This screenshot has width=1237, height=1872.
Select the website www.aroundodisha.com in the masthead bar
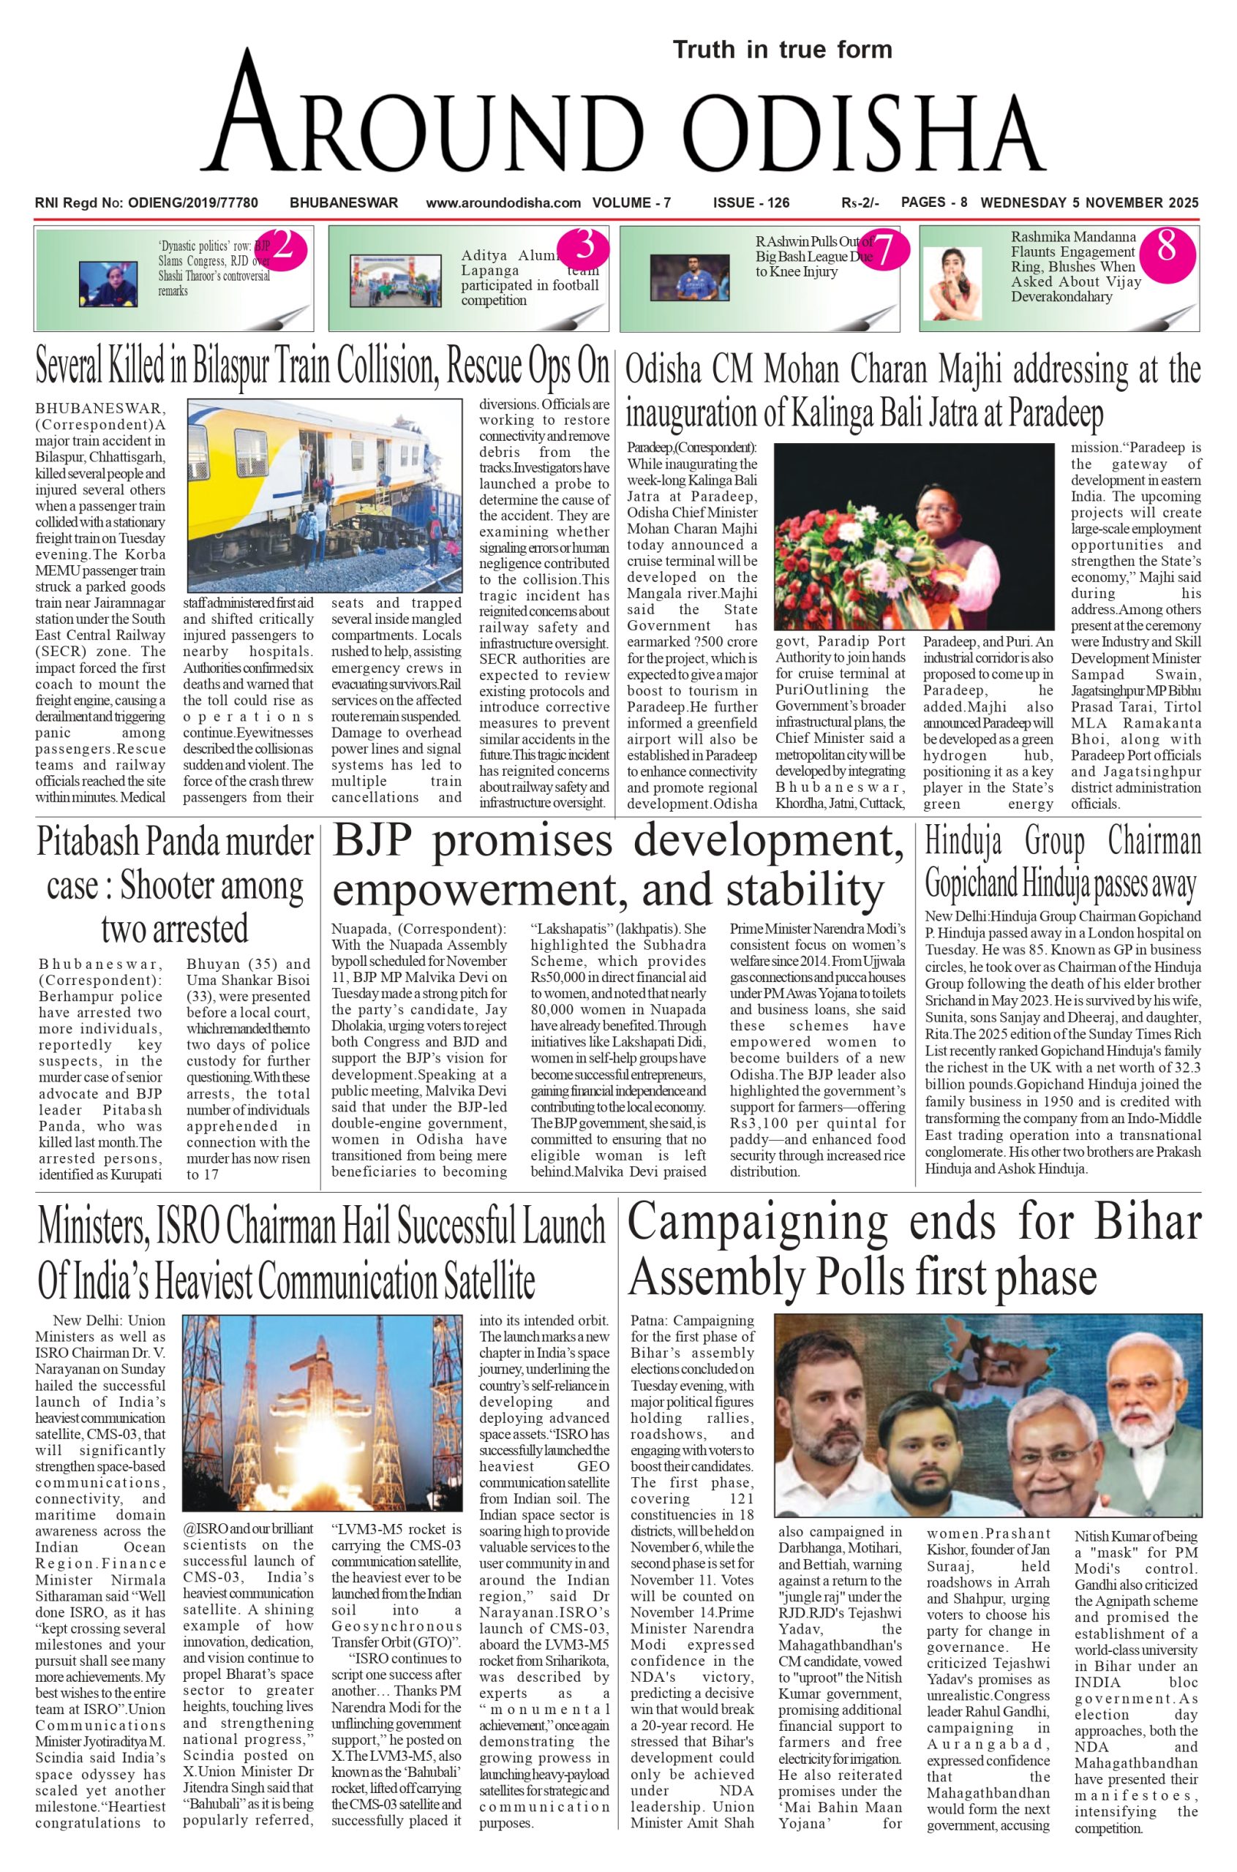[503, 203]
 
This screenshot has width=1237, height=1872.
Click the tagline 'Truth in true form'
[782, 50]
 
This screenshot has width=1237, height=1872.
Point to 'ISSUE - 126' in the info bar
[751, 203]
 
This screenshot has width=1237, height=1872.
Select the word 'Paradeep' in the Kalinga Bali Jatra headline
[1053, 413]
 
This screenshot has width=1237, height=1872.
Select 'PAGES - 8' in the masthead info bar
[934, 202]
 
